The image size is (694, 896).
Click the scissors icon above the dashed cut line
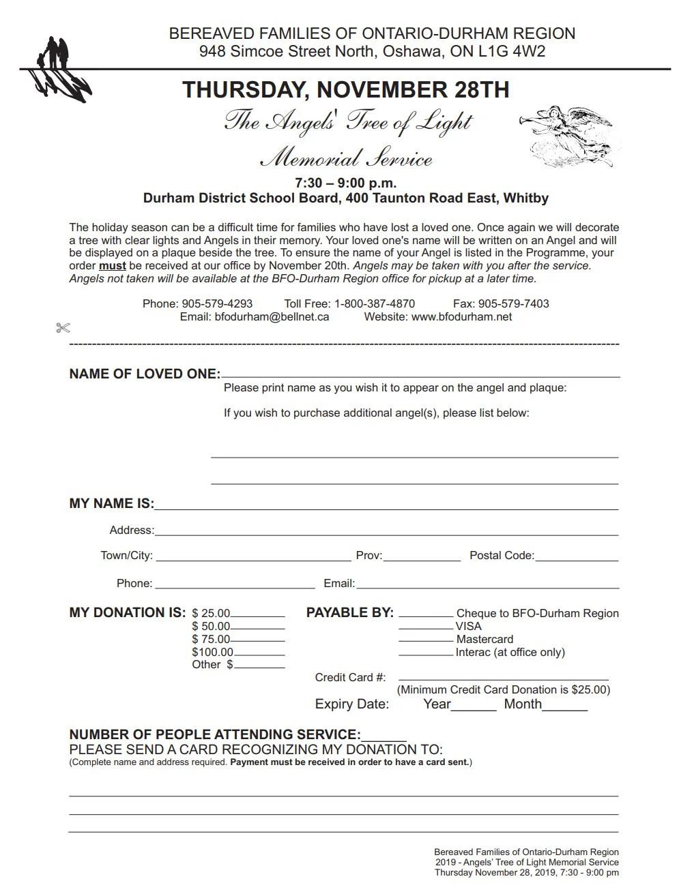63,329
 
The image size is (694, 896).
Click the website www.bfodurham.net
461,317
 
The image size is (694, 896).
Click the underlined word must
113,266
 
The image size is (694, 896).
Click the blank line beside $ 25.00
258,614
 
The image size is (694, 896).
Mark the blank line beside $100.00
259,653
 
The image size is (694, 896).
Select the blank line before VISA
426,627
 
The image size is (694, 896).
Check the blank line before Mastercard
426,640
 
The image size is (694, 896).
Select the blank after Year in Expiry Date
474,707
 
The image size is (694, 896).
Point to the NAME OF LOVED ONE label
145,374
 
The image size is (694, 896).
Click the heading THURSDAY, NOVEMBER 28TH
346,90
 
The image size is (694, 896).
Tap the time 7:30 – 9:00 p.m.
346,183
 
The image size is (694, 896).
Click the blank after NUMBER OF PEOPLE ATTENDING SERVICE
384,737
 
